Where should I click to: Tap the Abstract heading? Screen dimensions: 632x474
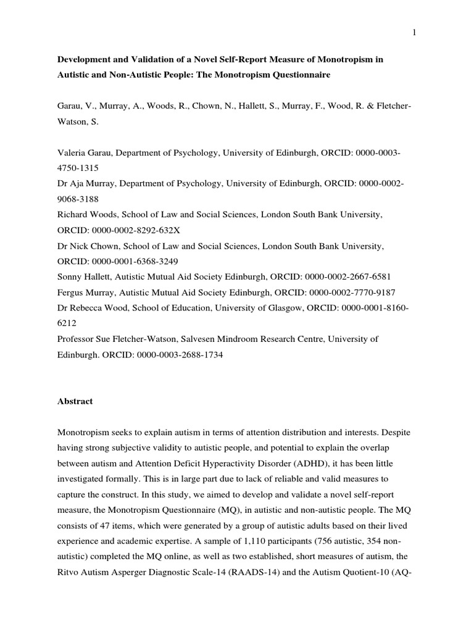(75, 401)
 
